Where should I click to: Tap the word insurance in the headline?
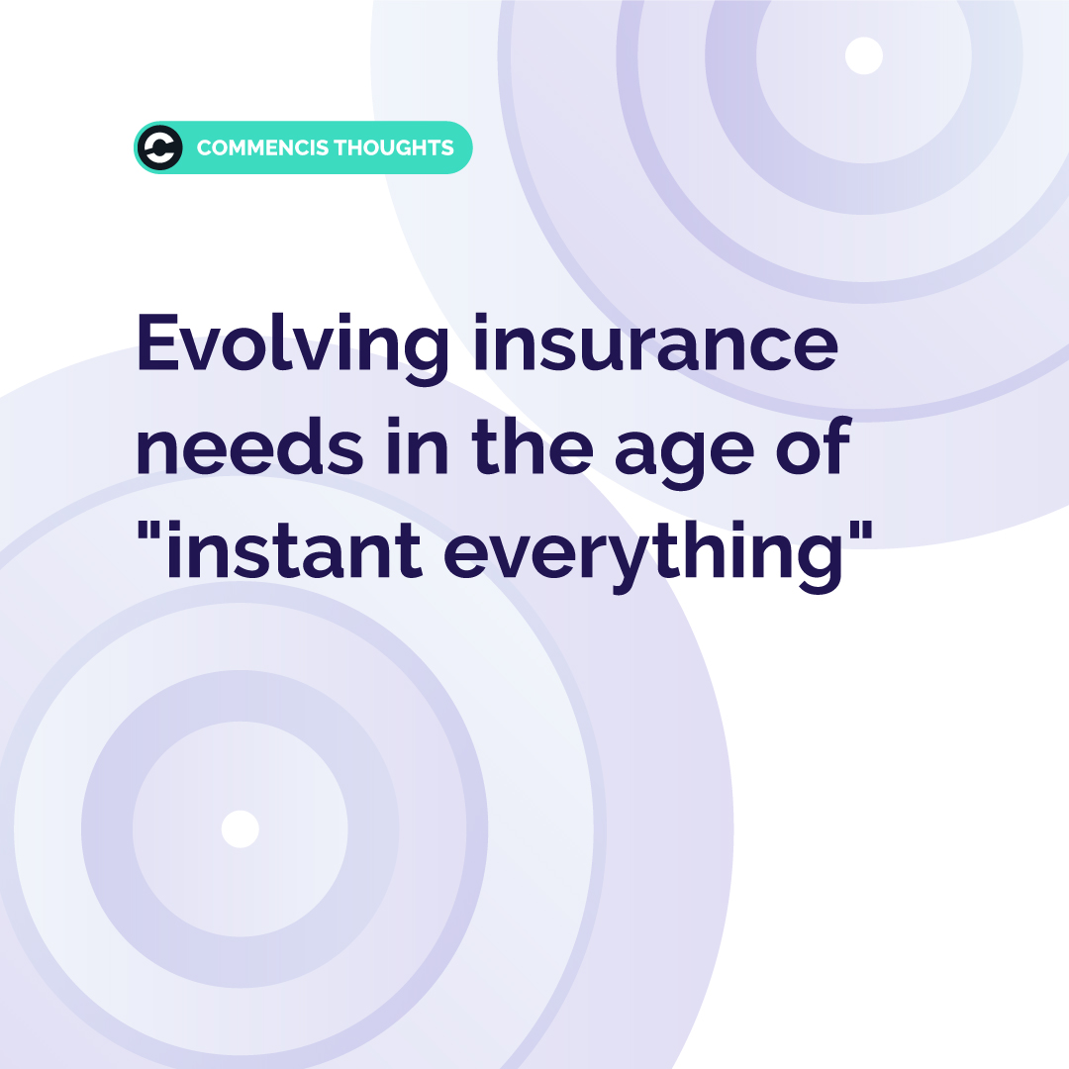654,343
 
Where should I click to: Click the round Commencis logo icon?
160,148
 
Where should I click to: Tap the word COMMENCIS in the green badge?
261,148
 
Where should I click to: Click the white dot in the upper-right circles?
863,55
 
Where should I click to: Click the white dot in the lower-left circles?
240,828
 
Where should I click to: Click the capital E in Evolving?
157,343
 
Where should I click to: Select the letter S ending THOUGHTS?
447,148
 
